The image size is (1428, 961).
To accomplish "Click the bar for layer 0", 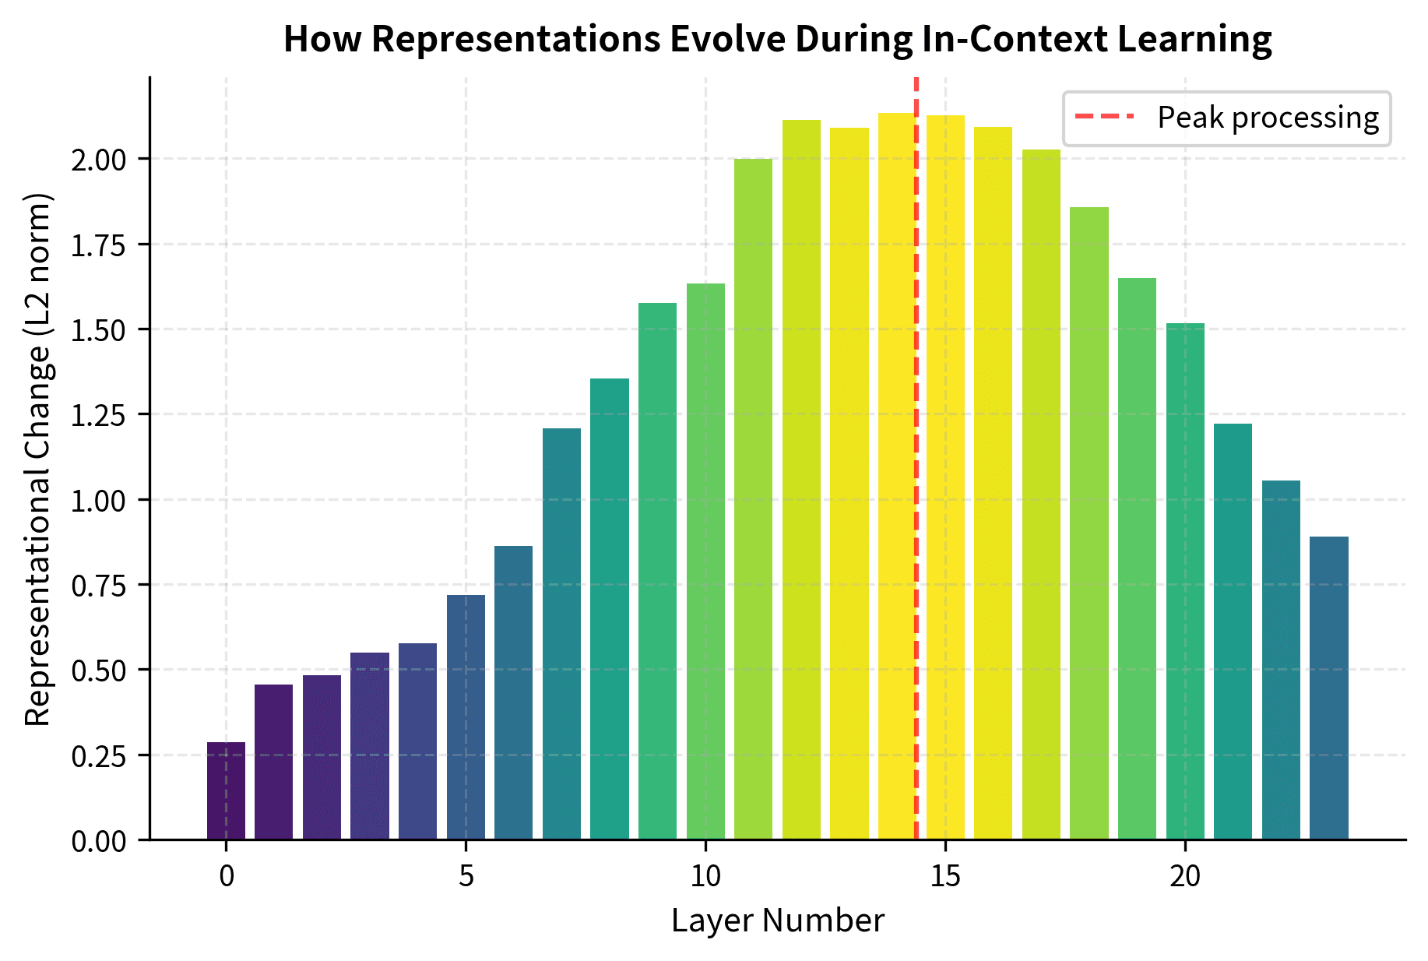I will pyautogui.click(x=226, y=790).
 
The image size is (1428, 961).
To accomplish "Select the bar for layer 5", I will pyautogui.click(x=466, y=716).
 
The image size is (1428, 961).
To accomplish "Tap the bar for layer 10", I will pyautogui.click(x=705, y=561).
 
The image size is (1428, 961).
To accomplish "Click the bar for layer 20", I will pyautogui.click(x=1185, y=581).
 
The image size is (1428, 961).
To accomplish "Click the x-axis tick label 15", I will pyautogui.click(x=945, y=878).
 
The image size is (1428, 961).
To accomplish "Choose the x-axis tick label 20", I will pyautogui.click(x=1185, y=878).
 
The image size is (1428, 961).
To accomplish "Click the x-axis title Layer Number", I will pyautogui.click(x=777, y=921).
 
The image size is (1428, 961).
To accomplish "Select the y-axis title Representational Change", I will pyautogui.click(x=37, y=459).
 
